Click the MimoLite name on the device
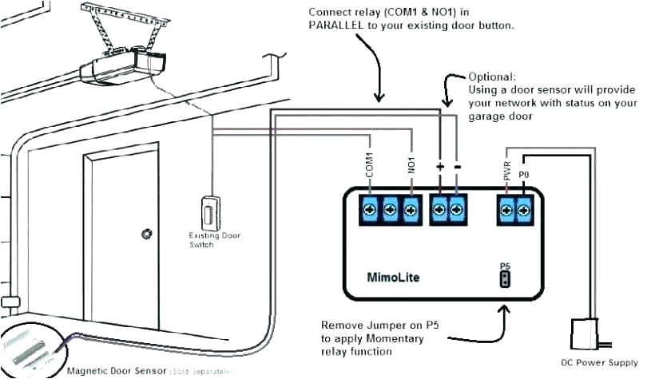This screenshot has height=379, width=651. coord(393,278)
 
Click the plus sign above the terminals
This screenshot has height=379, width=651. coord(439,166)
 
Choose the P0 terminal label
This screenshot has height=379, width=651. coord(524,172)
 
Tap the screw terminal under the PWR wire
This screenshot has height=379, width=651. coord(506,210)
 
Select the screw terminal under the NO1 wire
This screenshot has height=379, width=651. coord(411,210)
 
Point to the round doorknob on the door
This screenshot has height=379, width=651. coord(146,234)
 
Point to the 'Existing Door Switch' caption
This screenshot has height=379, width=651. coord(213,240)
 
